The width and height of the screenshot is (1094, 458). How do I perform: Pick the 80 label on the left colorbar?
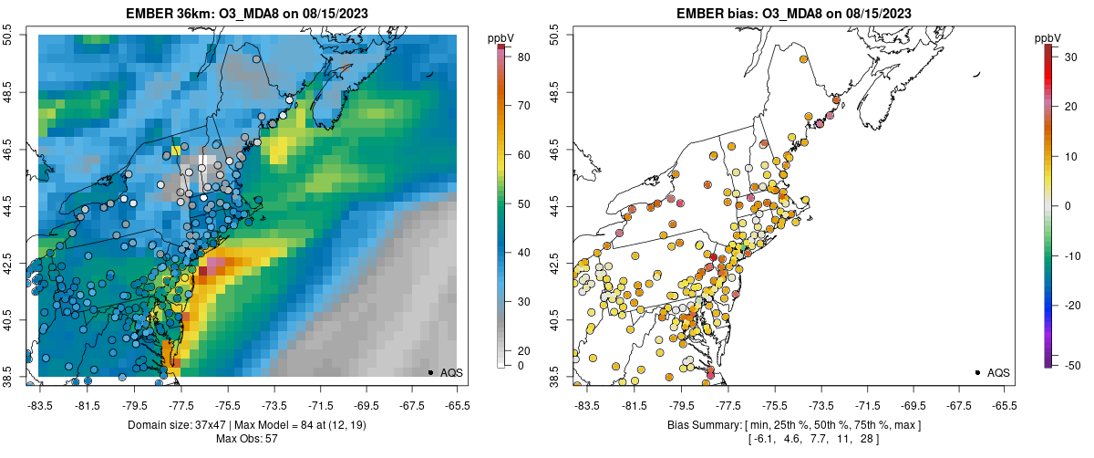(x=523, y=57)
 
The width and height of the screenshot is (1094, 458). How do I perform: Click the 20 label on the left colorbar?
(x=523, y=350)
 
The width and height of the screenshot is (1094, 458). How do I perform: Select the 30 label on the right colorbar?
(x=1070, y=57)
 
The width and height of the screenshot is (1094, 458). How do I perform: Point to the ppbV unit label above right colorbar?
(x=1048, y=37)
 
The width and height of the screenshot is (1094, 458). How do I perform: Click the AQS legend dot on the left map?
(x=429, y=372)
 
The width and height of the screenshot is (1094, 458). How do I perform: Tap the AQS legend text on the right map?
(x=997, y=372)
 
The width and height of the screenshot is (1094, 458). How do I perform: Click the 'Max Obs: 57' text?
(x=248, y=439)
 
